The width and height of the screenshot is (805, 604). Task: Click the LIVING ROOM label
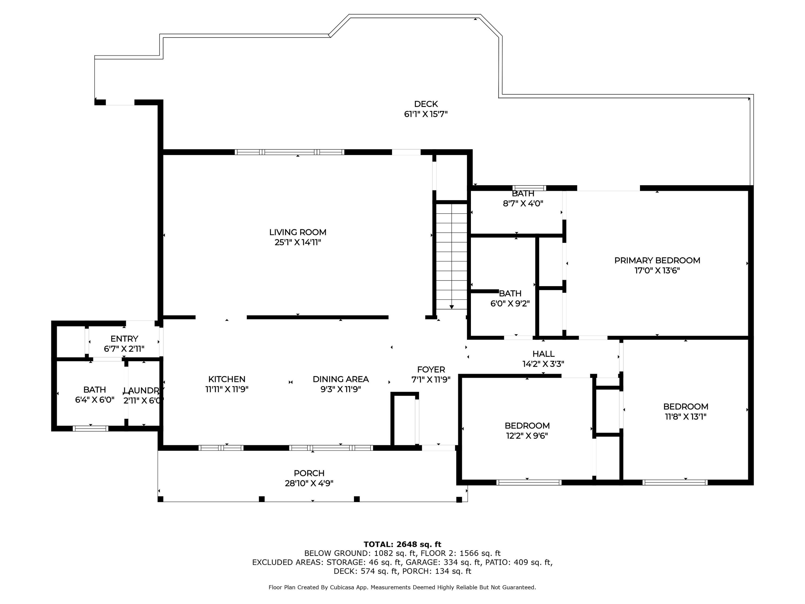click(298, 232)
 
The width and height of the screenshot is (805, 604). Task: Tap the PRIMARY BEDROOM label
click(657, 260)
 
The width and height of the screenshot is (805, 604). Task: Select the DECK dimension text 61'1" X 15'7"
click(426, 114)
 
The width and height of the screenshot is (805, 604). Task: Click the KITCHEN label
click(227, 379)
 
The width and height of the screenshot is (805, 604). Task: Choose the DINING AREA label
click(341, 379)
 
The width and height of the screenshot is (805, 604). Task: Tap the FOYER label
click(431, 370)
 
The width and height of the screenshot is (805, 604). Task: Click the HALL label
click(543, 354)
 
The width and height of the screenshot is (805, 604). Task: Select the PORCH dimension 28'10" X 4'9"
click(309, 483)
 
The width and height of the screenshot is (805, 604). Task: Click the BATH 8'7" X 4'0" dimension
click(523, 203)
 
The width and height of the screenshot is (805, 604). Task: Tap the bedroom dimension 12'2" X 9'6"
click(527, 436)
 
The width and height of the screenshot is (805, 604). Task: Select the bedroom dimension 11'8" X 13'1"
click(686, 417)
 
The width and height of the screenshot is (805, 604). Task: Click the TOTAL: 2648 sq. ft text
click(402, 544)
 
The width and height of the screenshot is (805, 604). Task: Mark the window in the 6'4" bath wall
click(91, 428)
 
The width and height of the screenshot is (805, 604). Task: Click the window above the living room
click(289, 152)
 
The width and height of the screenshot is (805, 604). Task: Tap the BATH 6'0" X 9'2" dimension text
click(510, 303)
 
